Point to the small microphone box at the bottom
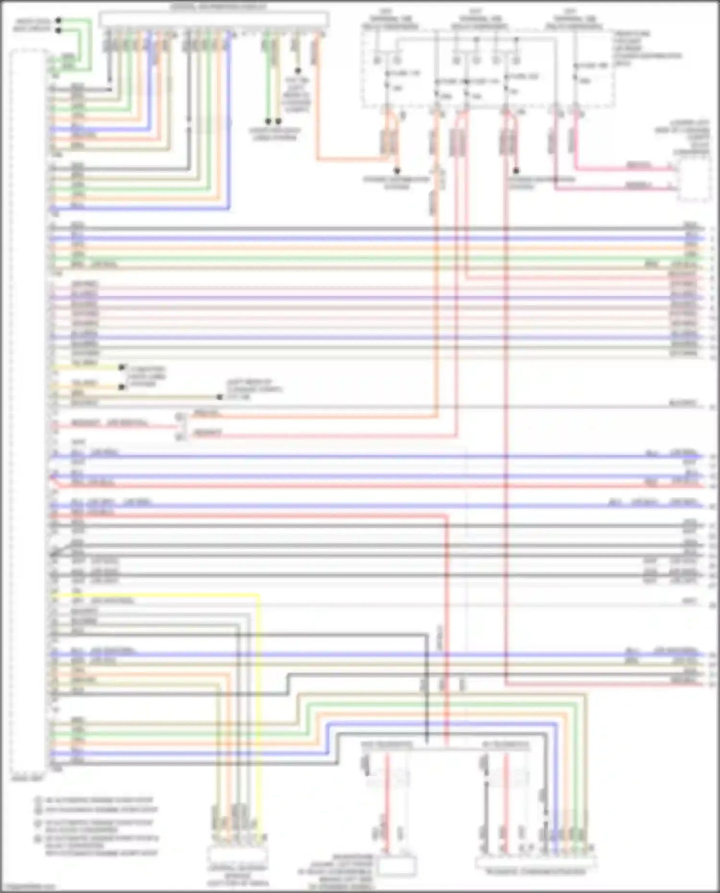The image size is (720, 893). pos(396,866)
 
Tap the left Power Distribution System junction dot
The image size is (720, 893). pos(397,171)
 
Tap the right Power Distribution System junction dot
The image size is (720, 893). pos(516,171)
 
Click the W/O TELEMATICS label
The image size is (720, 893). pos(386,745)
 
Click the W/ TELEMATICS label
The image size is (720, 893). pos(505,745)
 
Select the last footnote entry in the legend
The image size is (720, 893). pos(101,845)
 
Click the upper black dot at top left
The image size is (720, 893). pos(59,21)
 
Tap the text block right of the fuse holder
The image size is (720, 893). pos(646,48)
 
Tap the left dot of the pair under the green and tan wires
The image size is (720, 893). pos(268,121)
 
